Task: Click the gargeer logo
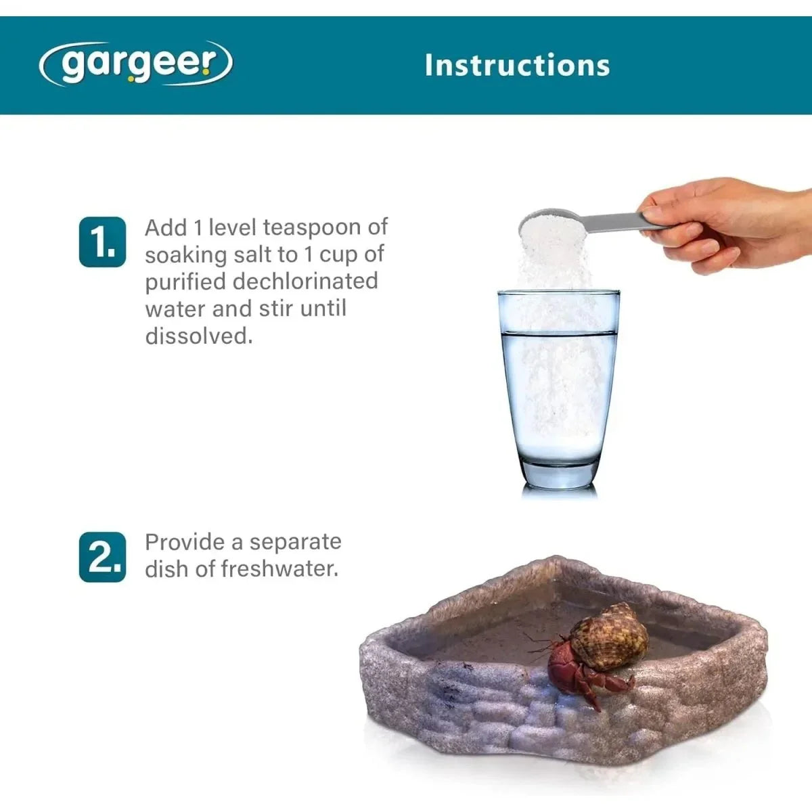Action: (x=136, y=64)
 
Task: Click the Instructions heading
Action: (x=517, y=66)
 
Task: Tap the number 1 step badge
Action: (x=102, y=242)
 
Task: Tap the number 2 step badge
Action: (x=102, y=557)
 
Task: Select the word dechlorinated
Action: (x=305, y=281)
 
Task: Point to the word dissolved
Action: (x=199, y=336)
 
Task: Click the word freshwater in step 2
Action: (x=279, y=569)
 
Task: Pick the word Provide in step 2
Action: (x=185, y=542)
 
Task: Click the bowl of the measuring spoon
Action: (x=553, y=222)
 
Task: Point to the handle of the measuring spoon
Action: (x=628, y=222)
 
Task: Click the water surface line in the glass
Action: (x=560, y=334)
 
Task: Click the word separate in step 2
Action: (x=295, y=543)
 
